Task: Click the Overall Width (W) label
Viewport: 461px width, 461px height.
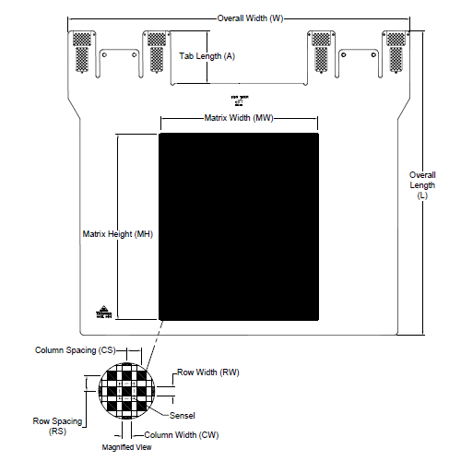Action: point(249,19)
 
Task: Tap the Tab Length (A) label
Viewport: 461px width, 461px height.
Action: point(207,56)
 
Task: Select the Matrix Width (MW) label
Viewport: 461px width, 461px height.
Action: point(239,118)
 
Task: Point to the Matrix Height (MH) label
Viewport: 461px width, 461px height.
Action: point(117,234)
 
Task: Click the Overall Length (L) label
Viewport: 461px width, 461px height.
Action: point(423,184)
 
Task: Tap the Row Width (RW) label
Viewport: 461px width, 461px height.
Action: point(209,373)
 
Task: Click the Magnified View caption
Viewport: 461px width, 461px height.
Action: point(126,448)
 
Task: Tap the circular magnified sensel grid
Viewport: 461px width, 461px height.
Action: point(127,391)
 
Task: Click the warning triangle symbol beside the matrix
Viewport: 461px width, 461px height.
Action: point(102,312)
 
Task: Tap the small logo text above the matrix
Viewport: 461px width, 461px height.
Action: point(238,100)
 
